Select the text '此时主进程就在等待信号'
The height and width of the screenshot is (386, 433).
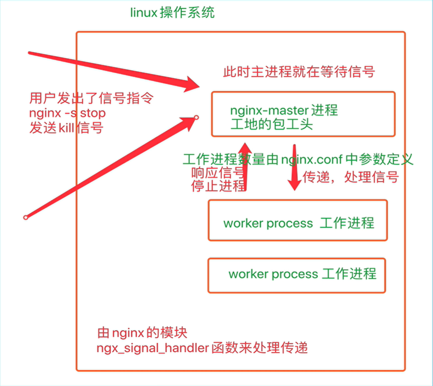pyautogui.click(x=299, y=71)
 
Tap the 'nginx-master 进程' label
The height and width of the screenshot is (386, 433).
pyautogui.click(x=284, y=111)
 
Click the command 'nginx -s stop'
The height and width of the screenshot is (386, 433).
pyautogui.click(x=67, y=113)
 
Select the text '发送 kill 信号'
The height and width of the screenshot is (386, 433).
pyautogui.click(x=66, y=128)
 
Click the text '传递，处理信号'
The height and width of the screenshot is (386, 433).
pyautogui.click(x=350, y=177)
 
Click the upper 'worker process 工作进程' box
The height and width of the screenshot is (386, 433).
pyautogui.click(x=298, y=220)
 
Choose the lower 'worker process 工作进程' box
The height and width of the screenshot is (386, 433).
pyautogui.click(x=297, y=275)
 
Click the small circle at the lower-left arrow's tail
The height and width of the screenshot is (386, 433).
pyautogui.click(x=25, y=217)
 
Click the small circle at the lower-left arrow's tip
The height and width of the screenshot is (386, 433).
pyautogui.click(x=196, y=118)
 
